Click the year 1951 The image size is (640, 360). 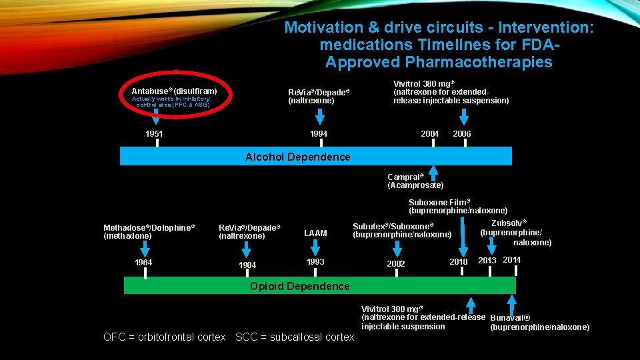click(154, 134)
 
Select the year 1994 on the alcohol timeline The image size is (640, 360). click(318, 134)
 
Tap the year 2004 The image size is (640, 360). click(429, 134)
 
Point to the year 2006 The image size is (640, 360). click(461, 134)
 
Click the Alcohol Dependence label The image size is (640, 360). click(297, 157)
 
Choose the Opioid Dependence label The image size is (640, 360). click(299, 287)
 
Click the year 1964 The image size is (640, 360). click(143, 263)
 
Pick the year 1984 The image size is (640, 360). click(247, 265)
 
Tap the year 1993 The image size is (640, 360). click(315, 262)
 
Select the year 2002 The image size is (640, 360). click(396, 264)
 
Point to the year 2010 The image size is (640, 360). click(459, 262)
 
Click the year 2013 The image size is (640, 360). click(487, 260)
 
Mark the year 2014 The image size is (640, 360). click(512, 259)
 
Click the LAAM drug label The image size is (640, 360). click(315, 233)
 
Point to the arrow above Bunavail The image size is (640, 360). click(512, 304)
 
